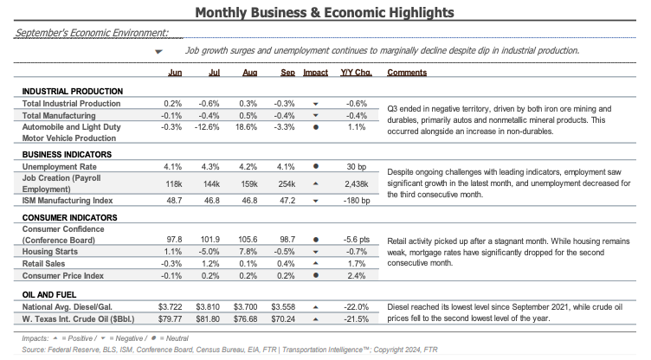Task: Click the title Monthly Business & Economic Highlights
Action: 325,12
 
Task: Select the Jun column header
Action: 175,72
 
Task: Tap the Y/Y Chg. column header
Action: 356,72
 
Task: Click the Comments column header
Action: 407,72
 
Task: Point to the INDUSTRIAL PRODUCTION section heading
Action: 73,92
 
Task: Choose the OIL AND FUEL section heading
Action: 49,295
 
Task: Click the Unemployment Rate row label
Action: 60,167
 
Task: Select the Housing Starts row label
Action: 50,252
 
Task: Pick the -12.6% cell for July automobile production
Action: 207,127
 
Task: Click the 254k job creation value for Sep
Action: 287,184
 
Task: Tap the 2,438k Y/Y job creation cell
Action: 356,184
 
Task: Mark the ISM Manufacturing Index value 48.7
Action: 174,201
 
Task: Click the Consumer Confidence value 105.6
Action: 248,240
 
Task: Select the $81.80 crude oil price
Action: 208,319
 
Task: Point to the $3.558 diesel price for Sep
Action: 283,307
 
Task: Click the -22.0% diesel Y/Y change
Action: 356,307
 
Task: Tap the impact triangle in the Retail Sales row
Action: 315,263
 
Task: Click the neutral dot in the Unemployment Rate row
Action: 315,166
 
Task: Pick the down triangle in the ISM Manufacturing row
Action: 315,201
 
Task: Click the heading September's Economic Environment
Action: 92,33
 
